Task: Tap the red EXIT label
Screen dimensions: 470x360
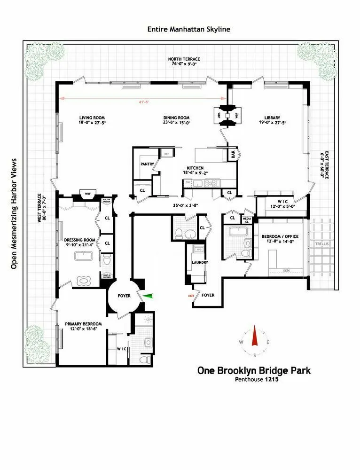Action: (x=191, y=296)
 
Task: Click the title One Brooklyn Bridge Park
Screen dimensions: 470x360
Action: (x=254, y=370)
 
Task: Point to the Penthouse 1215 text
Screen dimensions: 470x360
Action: (x=256, y=380)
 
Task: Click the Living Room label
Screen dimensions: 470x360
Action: (x=92, y=118)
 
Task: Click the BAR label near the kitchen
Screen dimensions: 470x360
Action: (x=233, y=153)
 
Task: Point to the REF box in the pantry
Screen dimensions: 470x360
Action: (x=166, y=154)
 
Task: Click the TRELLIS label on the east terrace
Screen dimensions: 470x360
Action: (x=321, y=244)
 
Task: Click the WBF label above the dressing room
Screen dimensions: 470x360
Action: (x=87, y=193)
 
